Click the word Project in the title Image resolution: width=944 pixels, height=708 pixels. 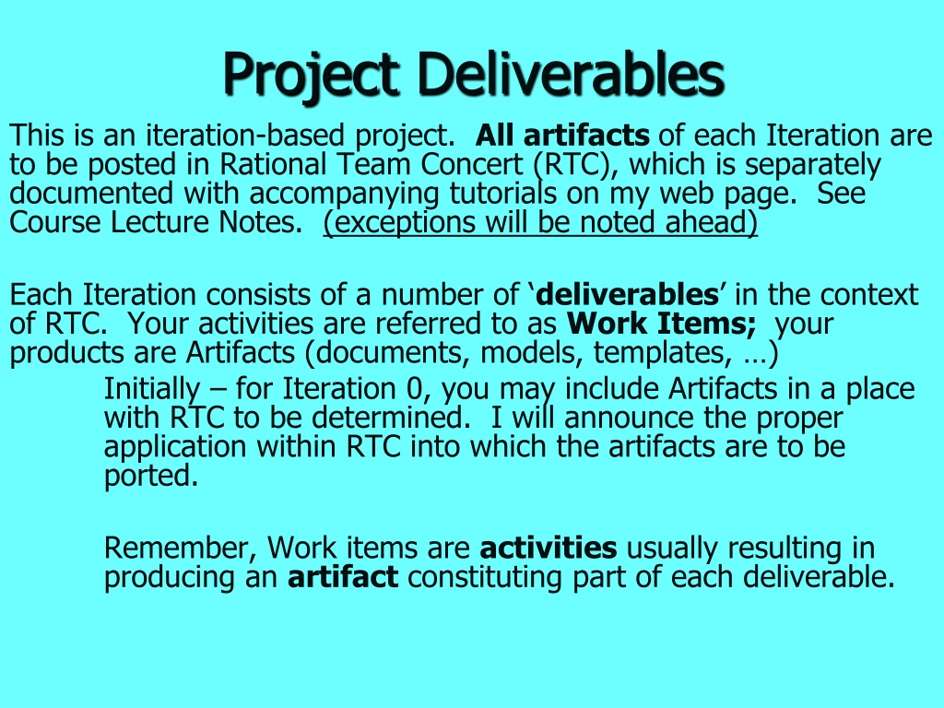point(311,76)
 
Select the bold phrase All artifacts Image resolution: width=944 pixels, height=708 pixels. point(562,136)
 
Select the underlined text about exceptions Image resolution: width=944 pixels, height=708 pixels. point(540,223)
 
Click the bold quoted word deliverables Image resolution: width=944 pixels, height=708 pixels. point(627,294)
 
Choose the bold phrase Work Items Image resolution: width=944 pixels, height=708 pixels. point(661,324)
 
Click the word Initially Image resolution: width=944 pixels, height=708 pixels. point(152,390)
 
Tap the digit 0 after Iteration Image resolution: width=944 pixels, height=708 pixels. point(415,389)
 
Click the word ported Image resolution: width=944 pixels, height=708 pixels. point(151,477)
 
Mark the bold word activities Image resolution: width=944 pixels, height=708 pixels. point(549,549)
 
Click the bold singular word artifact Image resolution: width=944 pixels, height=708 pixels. point(343,577)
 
